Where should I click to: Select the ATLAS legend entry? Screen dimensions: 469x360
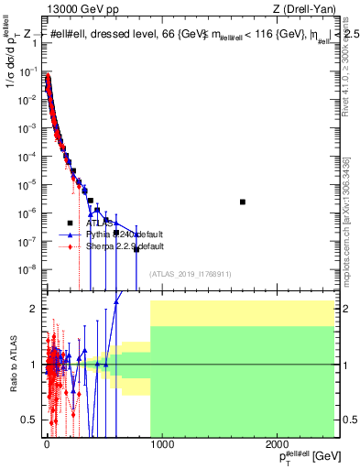[x=100, y=223]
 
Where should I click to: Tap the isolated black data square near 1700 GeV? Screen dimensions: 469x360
[x=243, y=202]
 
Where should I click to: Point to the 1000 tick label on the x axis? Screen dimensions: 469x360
[x=161, y=445]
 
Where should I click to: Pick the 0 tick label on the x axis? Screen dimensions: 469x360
[x=47, y=445]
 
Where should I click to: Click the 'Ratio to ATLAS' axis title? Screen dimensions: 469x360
[x=12, y=365]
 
